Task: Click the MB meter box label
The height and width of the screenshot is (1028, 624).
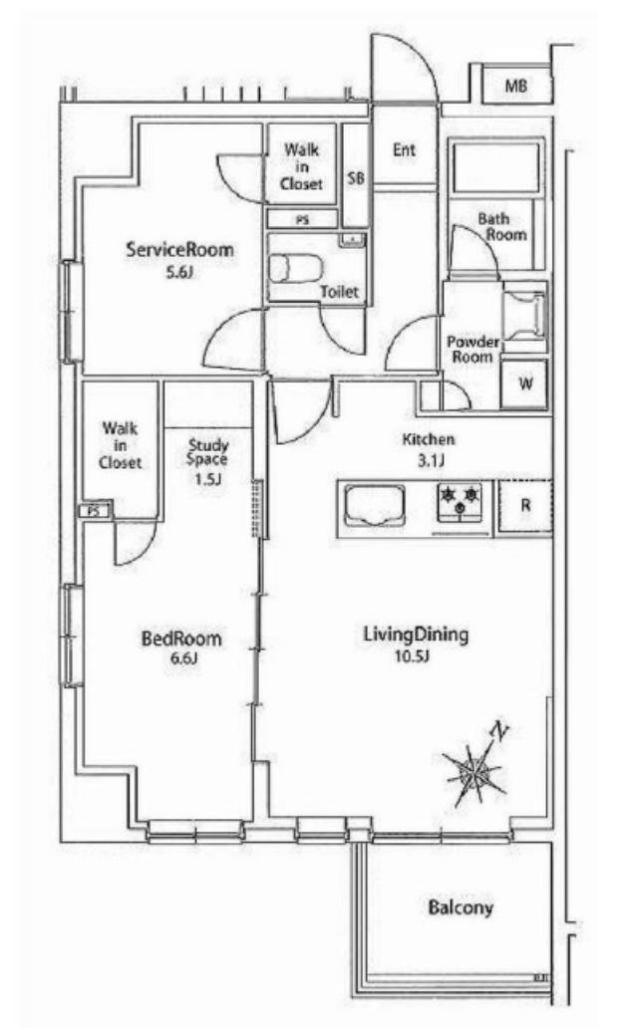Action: [x=516, y=86]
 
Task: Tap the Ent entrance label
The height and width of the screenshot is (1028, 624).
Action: [x=404, y=149]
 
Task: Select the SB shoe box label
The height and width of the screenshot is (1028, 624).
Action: [x=356, y=177]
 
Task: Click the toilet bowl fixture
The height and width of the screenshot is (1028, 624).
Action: [x=296, y=268]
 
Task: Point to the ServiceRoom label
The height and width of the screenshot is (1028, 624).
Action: [x=179, y=250]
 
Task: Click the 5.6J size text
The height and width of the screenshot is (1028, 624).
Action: [x=179, y=272]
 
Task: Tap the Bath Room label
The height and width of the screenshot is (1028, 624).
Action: [x=502, y=226]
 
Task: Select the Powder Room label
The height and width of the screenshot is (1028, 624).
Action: [x=472, y=350]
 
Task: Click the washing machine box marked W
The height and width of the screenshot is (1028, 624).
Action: [x=524, y=383]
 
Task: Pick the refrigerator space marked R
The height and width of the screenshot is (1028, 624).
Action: [x=524, y=505]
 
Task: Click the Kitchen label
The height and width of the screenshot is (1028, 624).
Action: [x=429, y=439]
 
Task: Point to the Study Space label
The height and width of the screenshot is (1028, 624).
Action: [x=208, y=452]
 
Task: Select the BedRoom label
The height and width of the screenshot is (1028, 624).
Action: [x=181, y=639]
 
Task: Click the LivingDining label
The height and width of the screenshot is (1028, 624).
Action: [x=416, y=635]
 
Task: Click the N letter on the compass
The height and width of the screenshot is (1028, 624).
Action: [x=500, y=730]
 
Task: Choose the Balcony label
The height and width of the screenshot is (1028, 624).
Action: [x=460, y=908]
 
